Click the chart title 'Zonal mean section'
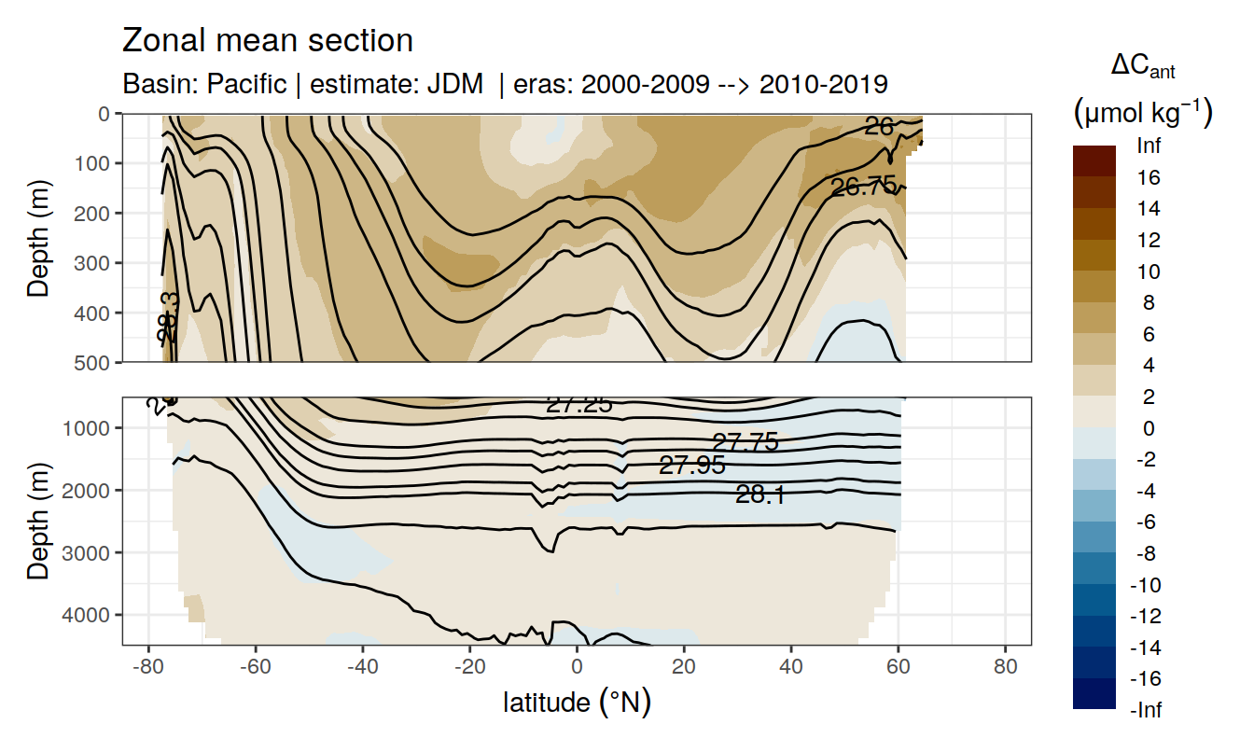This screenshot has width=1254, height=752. [268, 41]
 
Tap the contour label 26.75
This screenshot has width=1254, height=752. [863, 187]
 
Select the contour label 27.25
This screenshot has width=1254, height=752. [578, 404]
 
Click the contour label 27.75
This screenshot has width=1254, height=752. [745, 442]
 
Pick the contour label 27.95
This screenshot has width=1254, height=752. [691, 465]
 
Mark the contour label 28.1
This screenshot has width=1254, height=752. [759, 495]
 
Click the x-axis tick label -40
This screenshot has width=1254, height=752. [362, 669]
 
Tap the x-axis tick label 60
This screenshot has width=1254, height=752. [898, 669]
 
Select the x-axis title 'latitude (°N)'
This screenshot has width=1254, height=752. [577, 702]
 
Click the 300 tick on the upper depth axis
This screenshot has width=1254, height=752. [97, 262]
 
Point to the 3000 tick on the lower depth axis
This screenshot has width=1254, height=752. [91, 552]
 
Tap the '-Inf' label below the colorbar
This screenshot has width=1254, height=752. [1148, 710]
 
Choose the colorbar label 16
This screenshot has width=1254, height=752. [1149, 177]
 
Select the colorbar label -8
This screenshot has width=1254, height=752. [1148, 553]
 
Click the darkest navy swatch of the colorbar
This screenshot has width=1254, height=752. [1094, 694]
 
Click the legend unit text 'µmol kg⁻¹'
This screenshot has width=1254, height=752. [1142, 113]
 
